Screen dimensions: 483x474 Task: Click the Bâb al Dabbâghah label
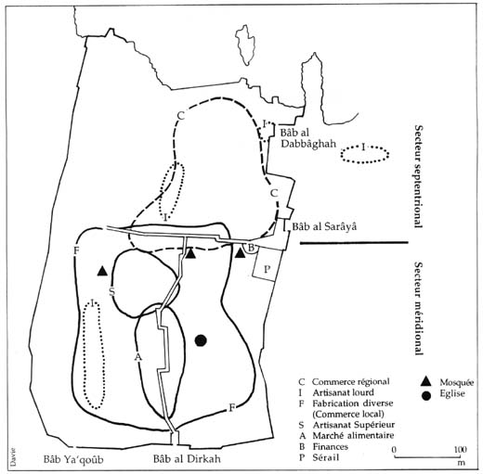[308, 138]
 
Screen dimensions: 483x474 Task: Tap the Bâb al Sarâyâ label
[325, 226]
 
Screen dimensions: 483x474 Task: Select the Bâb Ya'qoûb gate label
[73, 459]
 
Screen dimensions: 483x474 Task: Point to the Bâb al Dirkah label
[187, 458]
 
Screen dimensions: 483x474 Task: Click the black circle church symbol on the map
[201, 340]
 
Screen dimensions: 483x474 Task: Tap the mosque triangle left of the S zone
[102, 271]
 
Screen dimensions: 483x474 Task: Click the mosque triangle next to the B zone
[241, 253]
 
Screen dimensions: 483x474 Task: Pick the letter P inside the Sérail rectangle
[267, 269]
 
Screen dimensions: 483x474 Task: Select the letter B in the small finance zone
[252, 248]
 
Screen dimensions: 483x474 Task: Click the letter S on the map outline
[112, 291]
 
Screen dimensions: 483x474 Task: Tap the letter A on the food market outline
[138, 357]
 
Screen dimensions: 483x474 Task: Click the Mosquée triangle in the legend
[426, 381]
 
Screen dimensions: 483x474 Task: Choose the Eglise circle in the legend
[426, 396]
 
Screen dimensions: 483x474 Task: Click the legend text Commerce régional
[350, 382]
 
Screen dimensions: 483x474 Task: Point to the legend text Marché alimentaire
[353, 436]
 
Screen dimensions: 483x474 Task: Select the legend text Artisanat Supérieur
[354, 425]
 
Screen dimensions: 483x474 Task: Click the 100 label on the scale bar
[461, 449]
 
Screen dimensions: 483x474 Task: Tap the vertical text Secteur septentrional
[419, 176]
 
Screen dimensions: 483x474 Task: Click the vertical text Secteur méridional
[419, 309]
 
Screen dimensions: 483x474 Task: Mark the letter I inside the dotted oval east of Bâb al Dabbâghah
[363, 147]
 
